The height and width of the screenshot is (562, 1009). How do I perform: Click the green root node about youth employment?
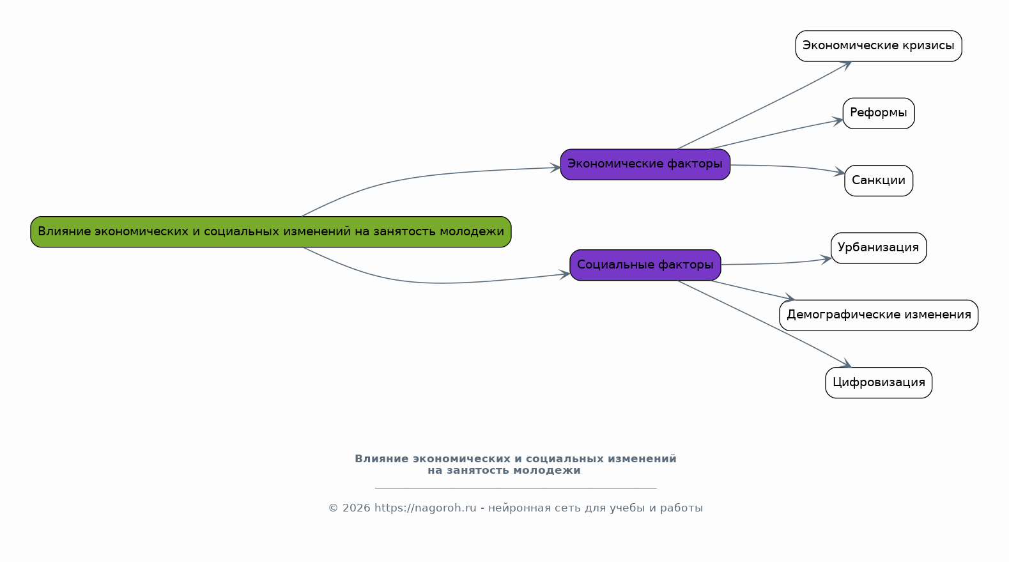[271, 231]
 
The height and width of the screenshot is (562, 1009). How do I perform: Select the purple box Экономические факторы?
[645, 164]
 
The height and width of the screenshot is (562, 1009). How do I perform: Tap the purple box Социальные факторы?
[645, 265]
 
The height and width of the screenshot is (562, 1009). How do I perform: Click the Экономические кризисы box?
[879, 46]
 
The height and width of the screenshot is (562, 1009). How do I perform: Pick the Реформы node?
[879, 113]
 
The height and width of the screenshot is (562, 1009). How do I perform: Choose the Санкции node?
[879, 181]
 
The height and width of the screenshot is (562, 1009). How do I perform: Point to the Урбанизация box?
[879, 248]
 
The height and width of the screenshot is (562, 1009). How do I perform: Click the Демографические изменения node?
[879, 315]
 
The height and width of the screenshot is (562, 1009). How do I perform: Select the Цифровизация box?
[879, 382]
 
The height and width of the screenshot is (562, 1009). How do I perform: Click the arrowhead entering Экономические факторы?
[555, 168]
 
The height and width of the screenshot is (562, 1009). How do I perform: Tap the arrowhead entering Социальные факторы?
[565, 274]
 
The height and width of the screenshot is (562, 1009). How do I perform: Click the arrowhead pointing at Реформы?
[838, 121]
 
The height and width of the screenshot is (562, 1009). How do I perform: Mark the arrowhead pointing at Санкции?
[840, 172]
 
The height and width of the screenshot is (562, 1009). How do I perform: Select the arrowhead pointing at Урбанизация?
[826, 259]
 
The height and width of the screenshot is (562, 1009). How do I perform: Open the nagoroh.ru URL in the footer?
[425, 508]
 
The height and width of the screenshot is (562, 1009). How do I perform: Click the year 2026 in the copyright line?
[357, 508]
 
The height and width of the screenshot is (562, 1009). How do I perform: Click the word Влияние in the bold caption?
[381, 459]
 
